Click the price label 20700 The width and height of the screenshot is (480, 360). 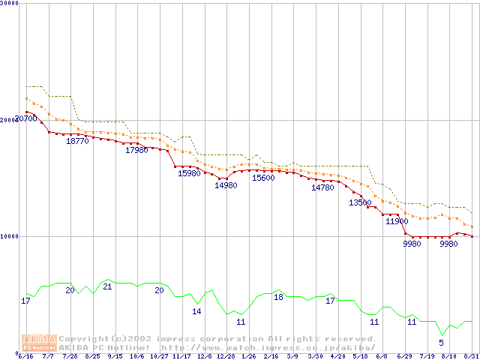pos(26,118)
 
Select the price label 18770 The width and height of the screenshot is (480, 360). pos(77,141)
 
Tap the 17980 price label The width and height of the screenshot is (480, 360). pos(136,150)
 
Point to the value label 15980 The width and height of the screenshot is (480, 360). pos(189,173)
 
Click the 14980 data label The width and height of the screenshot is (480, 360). pos(226,185)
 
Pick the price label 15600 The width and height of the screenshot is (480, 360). pos(263,178)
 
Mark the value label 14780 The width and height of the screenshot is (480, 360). pos(322,187)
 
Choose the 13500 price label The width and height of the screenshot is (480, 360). pos(360,202)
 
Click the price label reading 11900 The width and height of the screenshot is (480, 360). pos(397,221)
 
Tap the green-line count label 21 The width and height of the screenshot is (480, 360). pos(107,286)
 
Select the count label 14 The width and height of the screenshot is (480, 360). pos(196,311)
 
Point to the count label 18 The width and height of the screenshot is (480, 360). pos(278,297)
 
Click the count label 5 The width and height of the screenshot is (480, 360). pos(441,343)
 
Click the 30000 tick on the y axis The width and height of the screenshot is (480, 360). pos(9,4)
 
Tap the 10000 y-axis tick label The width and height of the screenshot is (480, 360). pos(9,236)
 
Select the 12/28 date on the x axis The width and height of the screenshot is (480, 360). pos(226,356)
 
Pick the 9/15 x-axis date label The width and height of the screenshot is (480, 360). pos(115,356)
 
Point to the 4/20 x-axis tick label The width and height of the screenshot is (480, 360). pos(337,356)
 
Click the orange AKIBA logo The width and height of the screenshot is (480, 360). pos(39,342)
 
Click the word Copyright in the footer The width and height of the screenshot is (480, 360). pos(85,338)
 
